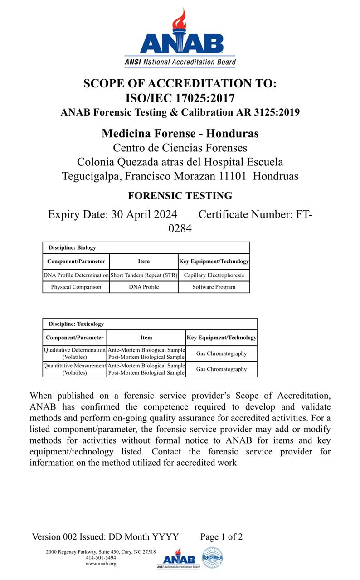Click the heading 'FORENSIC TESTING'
pyautogui.click(x=180, y=196)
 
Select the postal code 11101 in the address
pyautogui.click(x=232, y=176)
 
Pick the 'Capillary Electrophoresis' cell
pyautogui.click(x=214, y=275)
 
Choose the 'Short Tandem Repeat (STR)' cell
pyautogui.click(x=143, y=275)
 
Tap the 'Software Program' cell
pyautogui.click(x=214, y=287)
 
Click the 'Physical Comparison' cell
pyautogui.click(x=76, y=287)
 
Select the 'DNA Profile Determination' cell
pyautogui.click(x=76, y=275)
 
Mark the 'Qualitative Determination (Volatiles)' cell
pyautogui.click(x=75, y=353)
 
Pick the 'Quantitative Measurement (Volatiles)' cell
pyautogui.click(x=75, y=369)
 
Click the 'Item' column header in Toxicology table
pyautogui.click(x=146, y=338)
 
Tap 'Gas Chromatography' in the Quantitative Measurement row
pyautogui.click(x=221, y=369)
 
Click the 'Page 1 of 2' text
pyautogui.click(x=221, y=537)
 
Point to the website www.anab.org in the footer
pyautogui.click(x=101, y=564)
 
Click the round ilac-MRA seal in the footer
pyautogui.click(x=212, y=558)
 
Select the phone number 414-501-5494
pyautogui.click(x=101, y=558)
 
